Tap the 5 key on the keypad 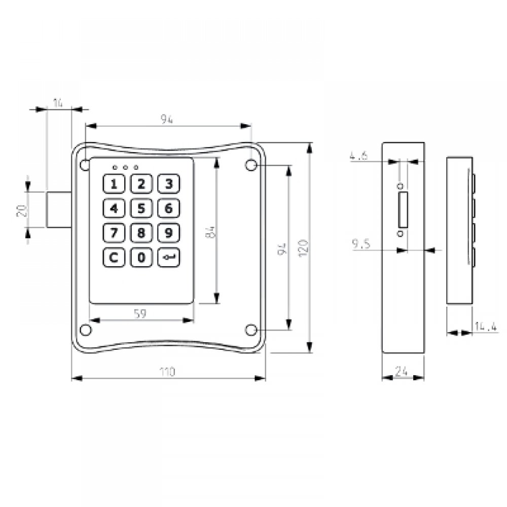click(141, 208)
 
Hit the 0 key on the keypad click(141, 258)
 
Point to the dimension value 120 click(303, 248)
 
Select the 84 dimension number click(213, 232)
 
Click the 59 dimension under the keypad click(140, 314)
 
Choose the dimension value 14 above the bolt click(58, 103)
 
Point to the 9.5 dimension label click(360, 245)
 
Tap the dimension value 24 click(403, 372)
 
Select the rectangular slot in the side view click(403, 210)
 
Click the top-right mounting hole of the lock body click(250, 165)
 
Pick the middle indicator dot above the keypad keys click(125, 167)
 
